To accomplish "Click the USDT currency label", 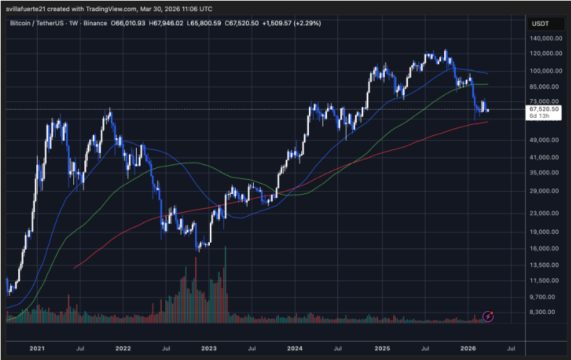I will (542, 23).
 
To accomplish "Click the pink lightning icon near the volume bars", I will (488, 316).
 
